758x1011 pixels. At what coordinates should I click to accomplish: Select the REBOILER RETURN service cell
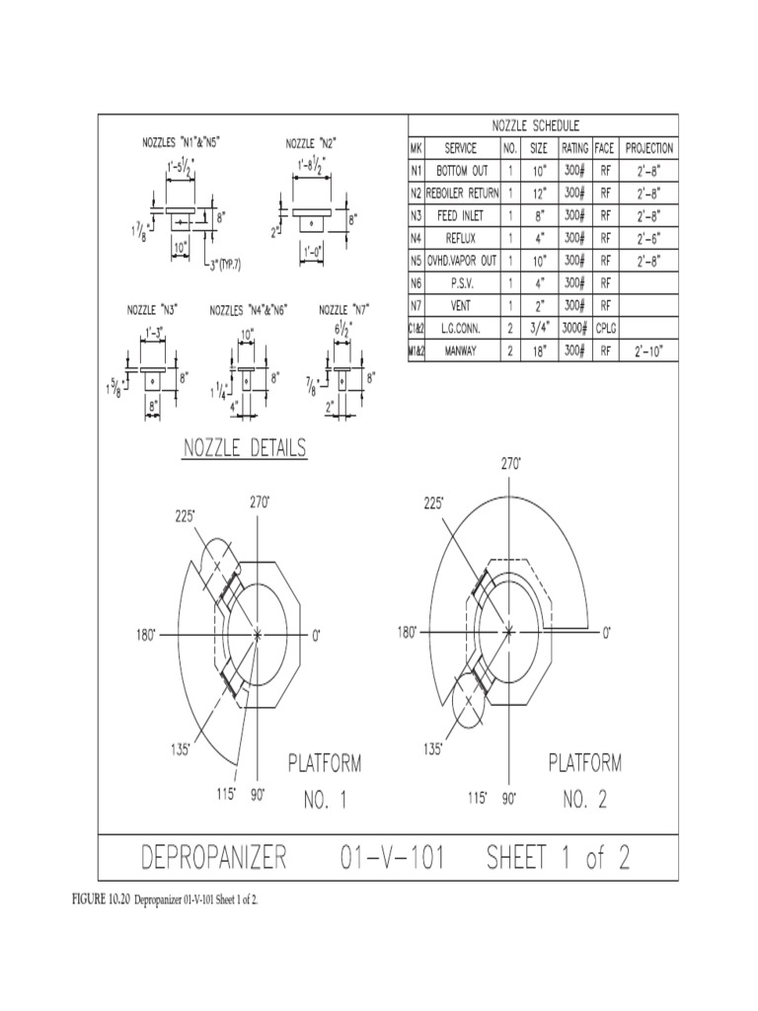point(460,193)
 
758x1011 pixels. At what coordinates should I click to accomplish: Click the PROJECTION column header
point(649,148)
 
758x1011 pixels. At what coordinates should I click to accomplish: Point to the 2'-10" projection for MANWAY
point(649,351)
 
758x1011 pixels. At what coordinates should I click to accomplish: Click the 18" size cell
point(539,351)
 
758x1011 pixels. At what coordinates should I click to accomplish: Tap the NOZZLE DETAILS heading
point(245,448)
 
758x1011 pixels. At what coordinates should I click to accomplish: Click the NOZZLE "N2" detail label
point(317,143)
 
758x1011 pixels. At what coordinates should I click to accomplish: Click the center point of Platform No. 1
point(258,633)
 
